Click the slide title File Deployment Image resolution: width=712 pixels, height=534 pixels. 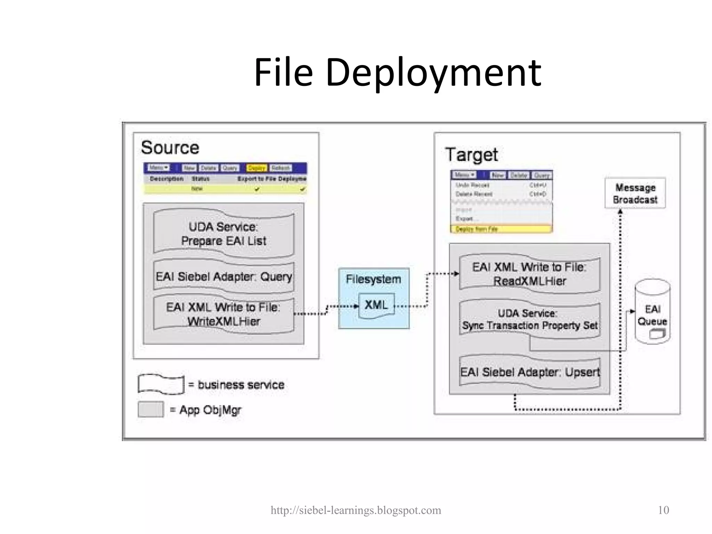pos(397,73)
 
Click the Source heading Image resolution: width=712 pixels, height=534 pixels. pos(170,147)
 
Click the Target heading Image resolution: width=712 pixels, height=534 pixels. pos(471,155)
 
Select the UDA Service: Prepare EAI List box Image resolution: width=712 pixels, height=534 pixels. pos(224,234)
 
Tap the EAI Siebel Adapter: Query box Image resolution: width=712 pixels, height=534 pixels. pos(224,277)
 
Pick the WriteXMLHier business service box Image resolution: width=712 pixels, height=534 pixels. pos(224,314)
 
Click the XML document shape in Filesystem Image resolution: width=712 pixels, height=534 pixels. pos(376,306)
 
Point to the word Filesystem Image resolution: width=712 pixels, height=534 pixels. pos(373,279)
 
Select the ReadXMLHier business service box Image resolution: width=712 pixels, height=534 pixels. pos(529,274)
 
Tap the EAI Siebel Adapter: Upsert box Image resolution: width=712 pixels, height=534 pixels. pos(529,372)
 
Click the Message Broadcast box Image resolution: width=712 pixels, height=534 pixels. pos(635,194)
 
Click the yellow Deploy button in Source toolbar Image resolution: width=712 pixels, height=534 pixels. pos(256,168)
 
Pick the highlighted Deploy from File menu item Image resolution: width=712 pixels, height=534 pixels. pos(501,229)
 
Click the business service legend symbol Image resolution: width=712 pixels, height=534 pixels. pos(161,385)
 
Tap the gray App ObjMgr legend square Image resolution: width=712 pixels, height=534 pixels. pos(151,409)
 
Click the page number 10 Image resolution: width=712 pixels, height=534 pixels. pos(663,510)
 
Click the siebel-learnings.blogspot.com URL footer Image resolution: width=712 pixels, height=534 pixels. pos(356,510)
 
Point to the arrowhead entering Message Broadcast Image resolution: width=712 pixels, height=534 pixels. pos(620,211)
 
